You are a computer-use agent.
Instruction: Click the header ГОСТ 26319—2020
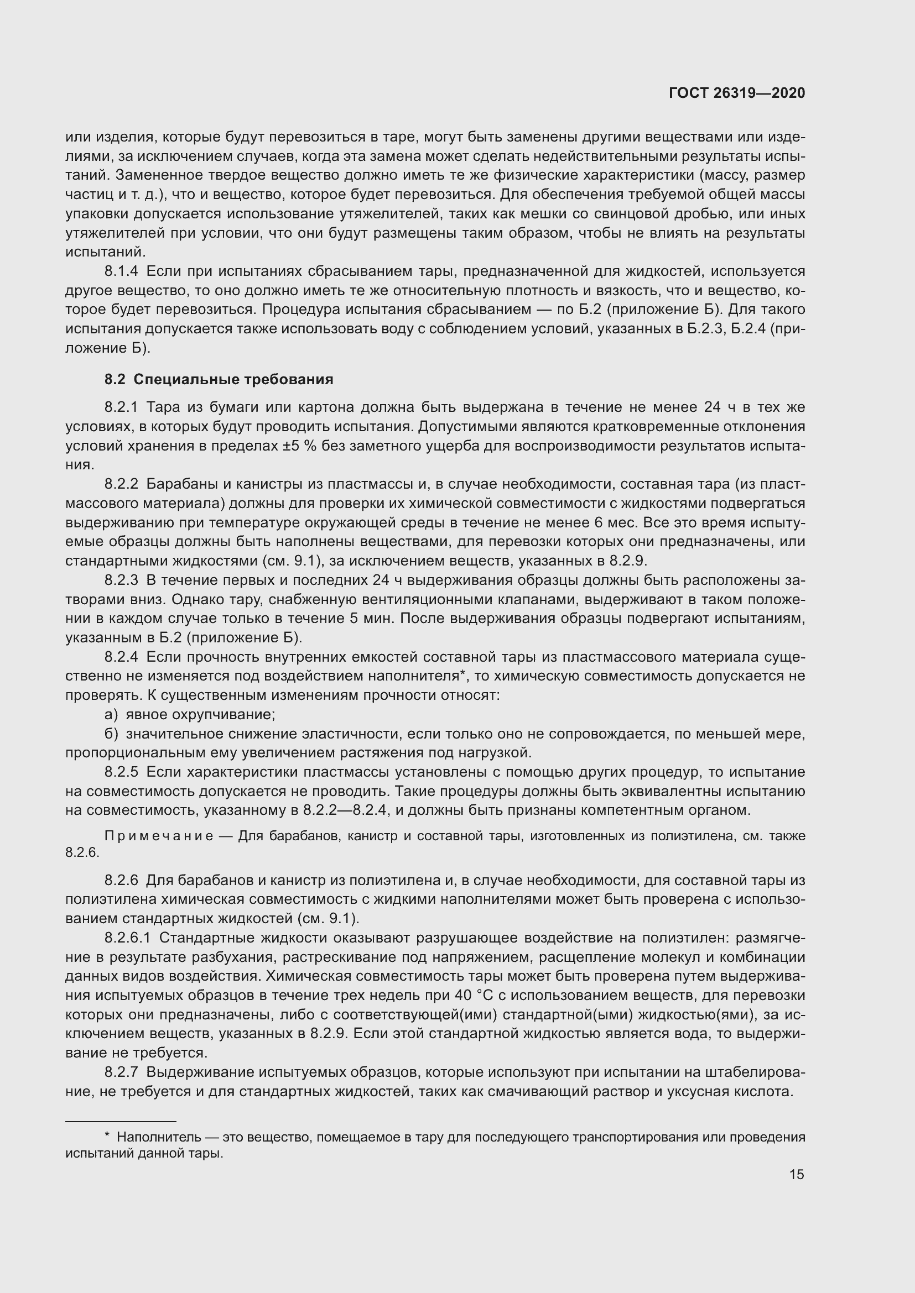pos(736,93)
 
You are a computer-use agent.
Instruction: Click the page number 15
pos(797,1175)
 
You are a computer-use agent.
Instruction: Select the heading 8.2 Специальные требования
pos(219,379)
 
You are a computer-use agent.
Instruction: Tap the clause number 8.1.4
pos(121,271)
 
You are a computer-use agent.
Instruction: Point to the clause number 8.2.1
pos(121,407)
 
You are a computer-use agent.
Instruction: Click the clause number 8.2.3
pos(121,580)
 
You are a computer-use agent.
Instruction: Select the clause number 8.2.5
pos(121,772)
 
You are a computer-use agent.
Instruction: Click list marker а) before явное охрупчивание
pos(111,715)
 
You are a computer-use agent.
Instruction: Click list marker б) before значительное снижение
pos(111,734)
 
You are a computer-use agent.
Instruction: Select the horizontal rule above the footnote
pos(121,1121)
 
